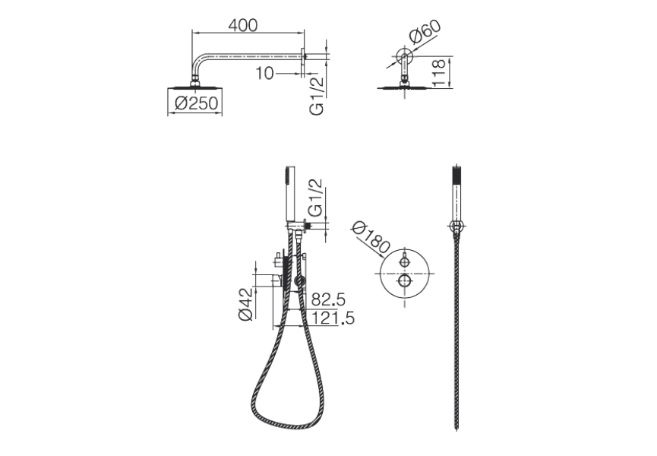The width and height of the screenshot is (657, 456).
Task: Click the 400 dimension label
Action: (242, 24)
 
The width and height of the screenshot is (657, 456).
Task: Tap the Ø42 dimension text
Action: (245, 304)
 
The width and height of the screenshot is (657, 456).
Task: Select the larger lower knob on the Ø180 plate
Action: (406, 283)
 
